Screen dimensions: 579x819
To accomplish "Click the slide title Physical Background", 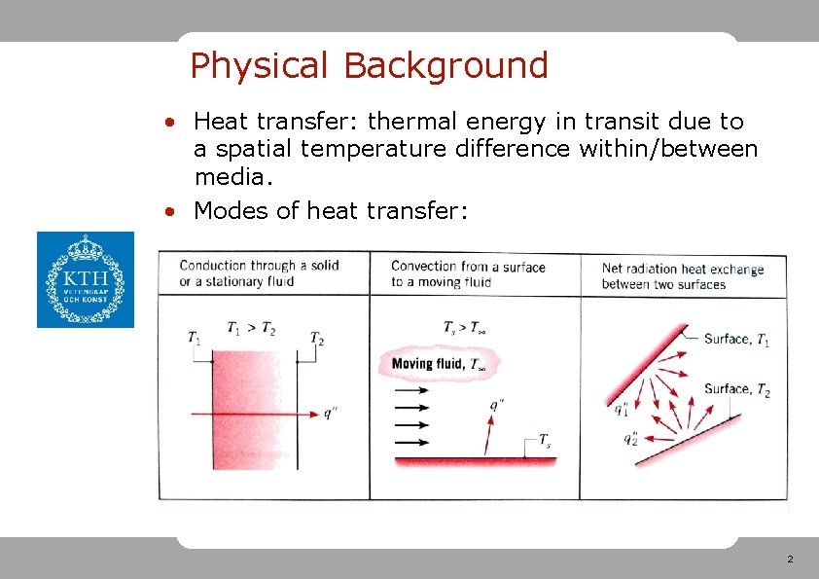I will tap(369, 66).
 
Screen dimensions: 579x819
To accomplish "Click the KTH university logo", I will tap(86, 279).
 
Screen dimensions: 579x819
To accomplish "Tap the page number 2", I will tap(789, 560).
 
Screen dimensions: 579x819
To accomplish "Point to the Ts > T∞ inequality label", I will tap(464, 329).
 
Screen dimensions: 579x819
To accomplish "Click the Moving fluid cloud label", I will tap(439, 365).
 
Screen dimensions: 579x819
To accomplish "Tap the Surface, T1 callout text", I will tap(736, 339).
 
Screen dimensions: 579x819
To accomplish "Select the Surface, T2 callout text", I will tap(736, 389).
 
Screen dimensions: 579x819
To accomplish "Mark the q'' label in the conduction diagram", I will tap(331, 414).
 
